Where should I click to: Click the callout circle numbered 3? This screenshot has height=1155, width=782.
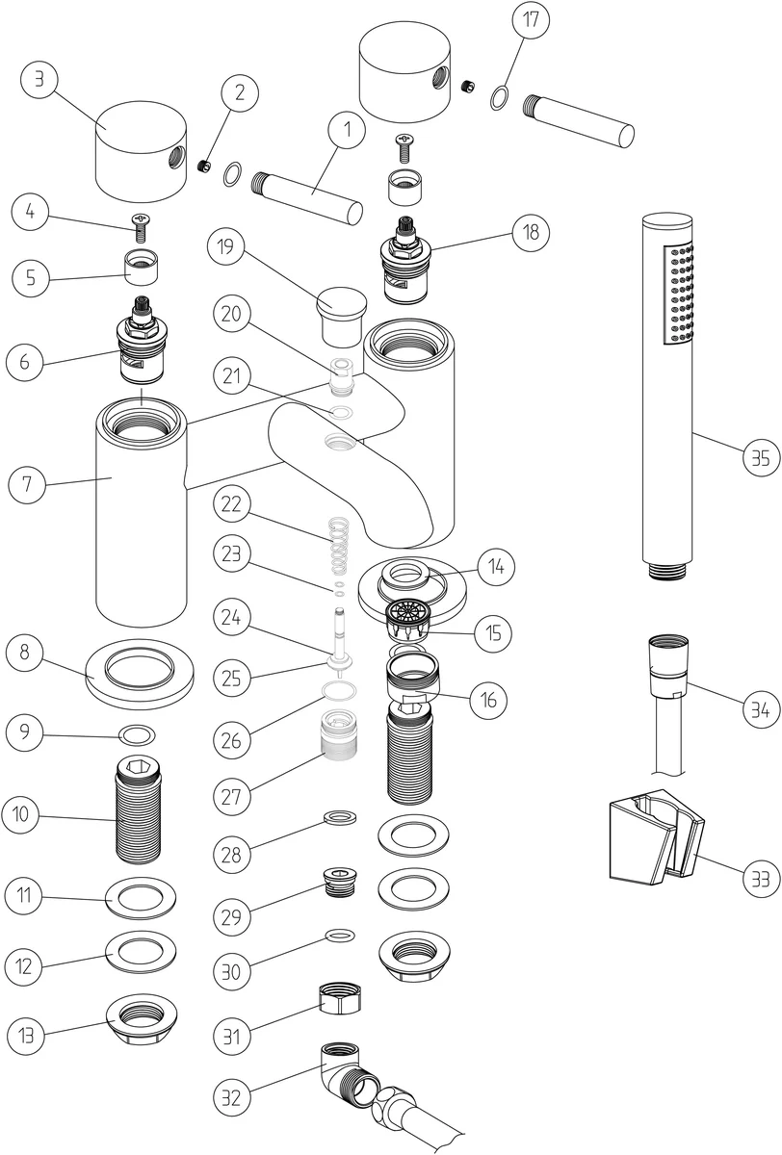pyautogui.click(x=39, y=79)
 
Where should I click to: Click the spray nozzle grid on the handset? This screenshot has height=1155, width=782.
pyautogui.click(x=676, y=295)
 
